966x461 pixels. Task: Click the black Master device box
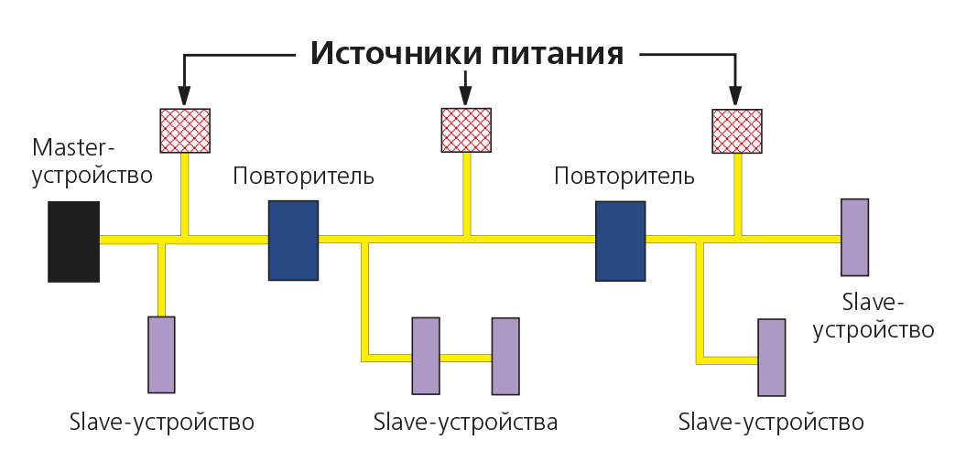coord(74,241)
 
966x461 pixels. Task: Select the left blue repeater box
coord(293,240)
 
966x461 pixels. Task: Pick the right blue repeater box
coord(620,241)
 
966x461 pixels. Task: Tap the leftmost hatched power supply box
coord(185,131)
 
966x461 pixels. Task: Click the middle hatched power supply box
coord(466,130)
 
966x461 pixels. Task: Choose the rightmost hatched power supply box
coord(737,131)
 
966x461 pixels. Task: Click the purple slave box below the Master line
coord(161,354)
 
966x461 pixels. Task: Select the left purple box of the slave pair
coord(426,355)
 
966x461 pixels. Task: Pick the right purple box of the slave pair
coord(505,355)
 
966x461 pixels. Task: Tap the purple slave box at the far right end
coord(854,237)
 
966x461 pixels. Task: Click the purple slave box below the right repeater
coord(771,357)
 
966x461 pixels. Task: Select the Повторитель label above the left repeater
coord(303,176)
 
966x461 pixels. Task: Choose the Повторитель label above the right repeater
coord(624,175)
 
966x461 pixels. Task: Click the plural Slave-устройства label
coord(465,423)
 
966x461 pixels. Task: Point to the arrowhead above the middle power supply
coord(465,95)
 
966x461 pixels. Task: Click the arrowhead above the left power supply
coord(184,96)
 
